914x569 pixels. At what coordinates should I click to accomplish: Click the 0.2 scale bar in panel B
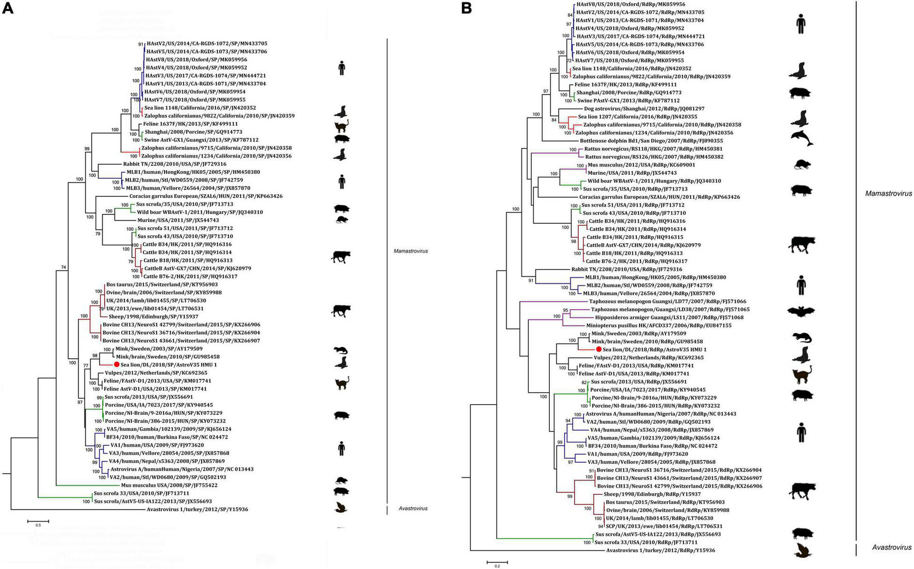(497, 561)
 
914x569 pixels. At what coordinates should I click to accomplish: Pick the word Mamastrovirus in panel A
(410, 252)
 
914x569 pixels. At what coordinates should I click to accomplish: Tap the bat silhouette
(801, 311)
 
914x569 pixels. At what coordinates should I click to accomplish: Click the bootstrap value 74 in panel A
(63, 267)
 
